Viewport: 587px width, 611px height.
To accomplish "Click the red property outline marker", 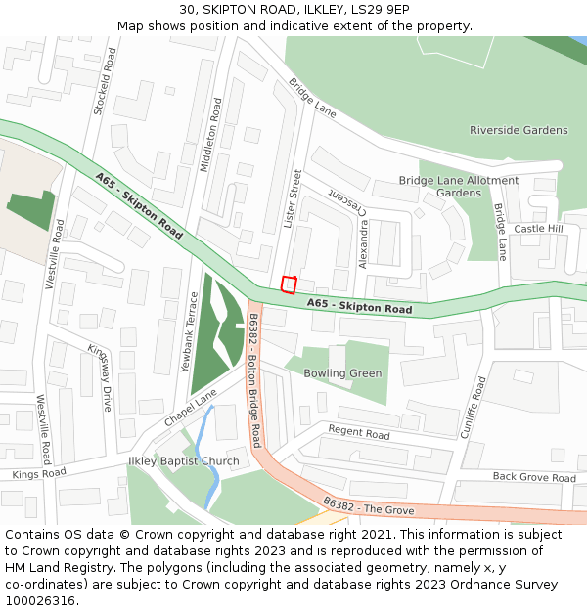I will point(289,284).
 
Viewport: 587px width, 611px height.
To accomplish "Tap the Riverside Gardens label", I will point(519,130).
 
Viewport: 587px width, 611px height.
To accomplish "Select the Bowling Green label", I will point(342,373).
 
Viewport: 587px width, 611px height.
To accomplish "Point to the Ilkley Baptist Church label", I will point(184,461).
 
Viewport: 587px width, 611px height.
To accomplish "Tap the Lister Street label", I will point(290,199).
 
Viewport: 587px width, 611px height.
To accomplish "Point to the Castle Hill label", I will point(539,229).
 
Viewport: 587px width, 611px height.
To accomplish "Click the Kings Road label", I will point(39,474).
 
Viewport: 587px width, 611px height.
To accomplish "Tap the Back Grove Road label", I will point(534,478).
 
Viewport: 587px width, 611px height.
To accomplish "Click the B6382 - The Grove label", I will point(369,506).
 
